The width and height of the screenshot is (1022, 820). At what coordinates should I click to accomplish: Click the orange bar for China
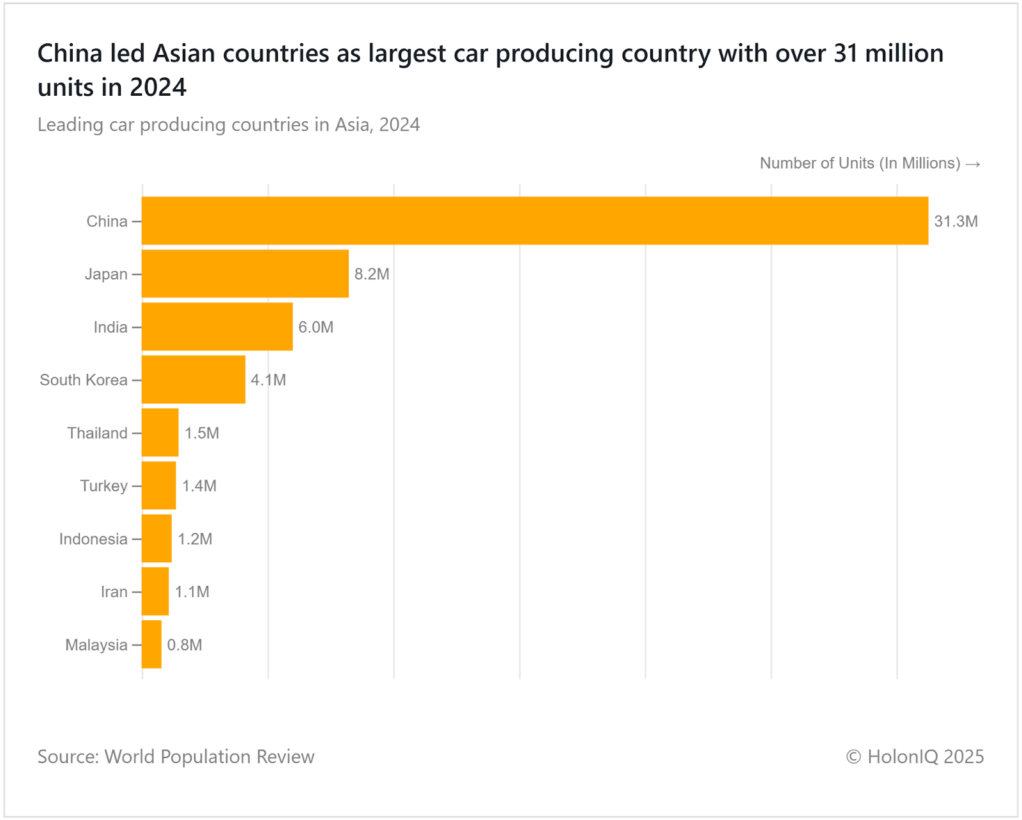535,221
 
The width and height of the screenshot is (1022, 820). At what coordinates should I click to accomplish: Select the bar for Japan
245,274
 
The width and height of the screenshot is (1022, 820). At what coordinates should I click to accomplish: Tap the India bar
217,327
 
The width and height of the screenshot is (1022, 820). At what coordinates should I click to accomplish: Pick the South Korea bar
194,380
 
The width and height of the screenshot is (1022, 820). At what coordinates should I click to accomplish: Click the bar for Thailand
160,433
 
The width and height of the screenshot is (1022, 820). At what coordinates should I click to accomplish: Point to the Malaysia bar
152,645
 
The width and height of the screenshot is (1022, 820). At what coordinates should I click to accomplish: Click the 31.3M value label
956,221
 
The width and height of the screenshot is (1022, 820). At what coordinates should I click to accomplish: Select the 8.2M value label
372,274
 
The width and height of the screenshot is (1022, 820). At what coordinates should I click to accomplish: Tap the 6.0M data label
316,327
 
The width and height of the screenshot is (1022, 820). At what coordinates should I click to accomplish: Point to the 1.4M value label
199,486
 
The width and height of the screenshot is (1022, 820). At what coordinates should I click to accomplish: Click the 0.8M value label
185,645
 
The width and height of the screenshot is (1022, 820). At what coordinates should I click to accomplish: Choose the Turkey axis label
103,486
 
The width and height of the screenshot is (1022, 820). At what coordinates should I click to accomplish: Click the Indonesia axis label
93,539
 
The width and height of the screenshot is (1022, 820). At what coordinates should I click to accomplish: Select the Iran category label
114,592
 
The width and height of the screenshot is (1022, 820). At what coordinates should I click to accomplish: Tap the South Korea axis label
84,380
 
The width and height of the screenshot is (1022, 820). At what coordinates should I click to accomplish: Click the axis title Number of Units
860,163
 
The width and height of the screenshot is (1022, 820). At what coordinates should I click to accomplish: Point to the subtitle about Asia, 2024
229,124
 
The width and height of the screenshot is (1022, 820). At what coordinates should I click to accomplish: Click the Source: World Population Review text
176,757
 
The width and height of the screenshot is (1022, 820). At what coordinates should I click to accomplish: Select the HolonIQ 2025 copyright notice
915,757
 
